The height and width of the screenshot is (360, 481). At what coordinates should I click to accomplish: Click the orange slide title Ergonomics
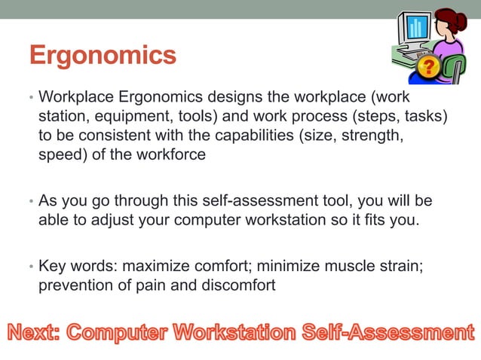102,55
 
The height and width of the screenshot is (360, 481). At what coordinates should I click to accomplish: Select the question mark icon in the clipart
427,67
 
